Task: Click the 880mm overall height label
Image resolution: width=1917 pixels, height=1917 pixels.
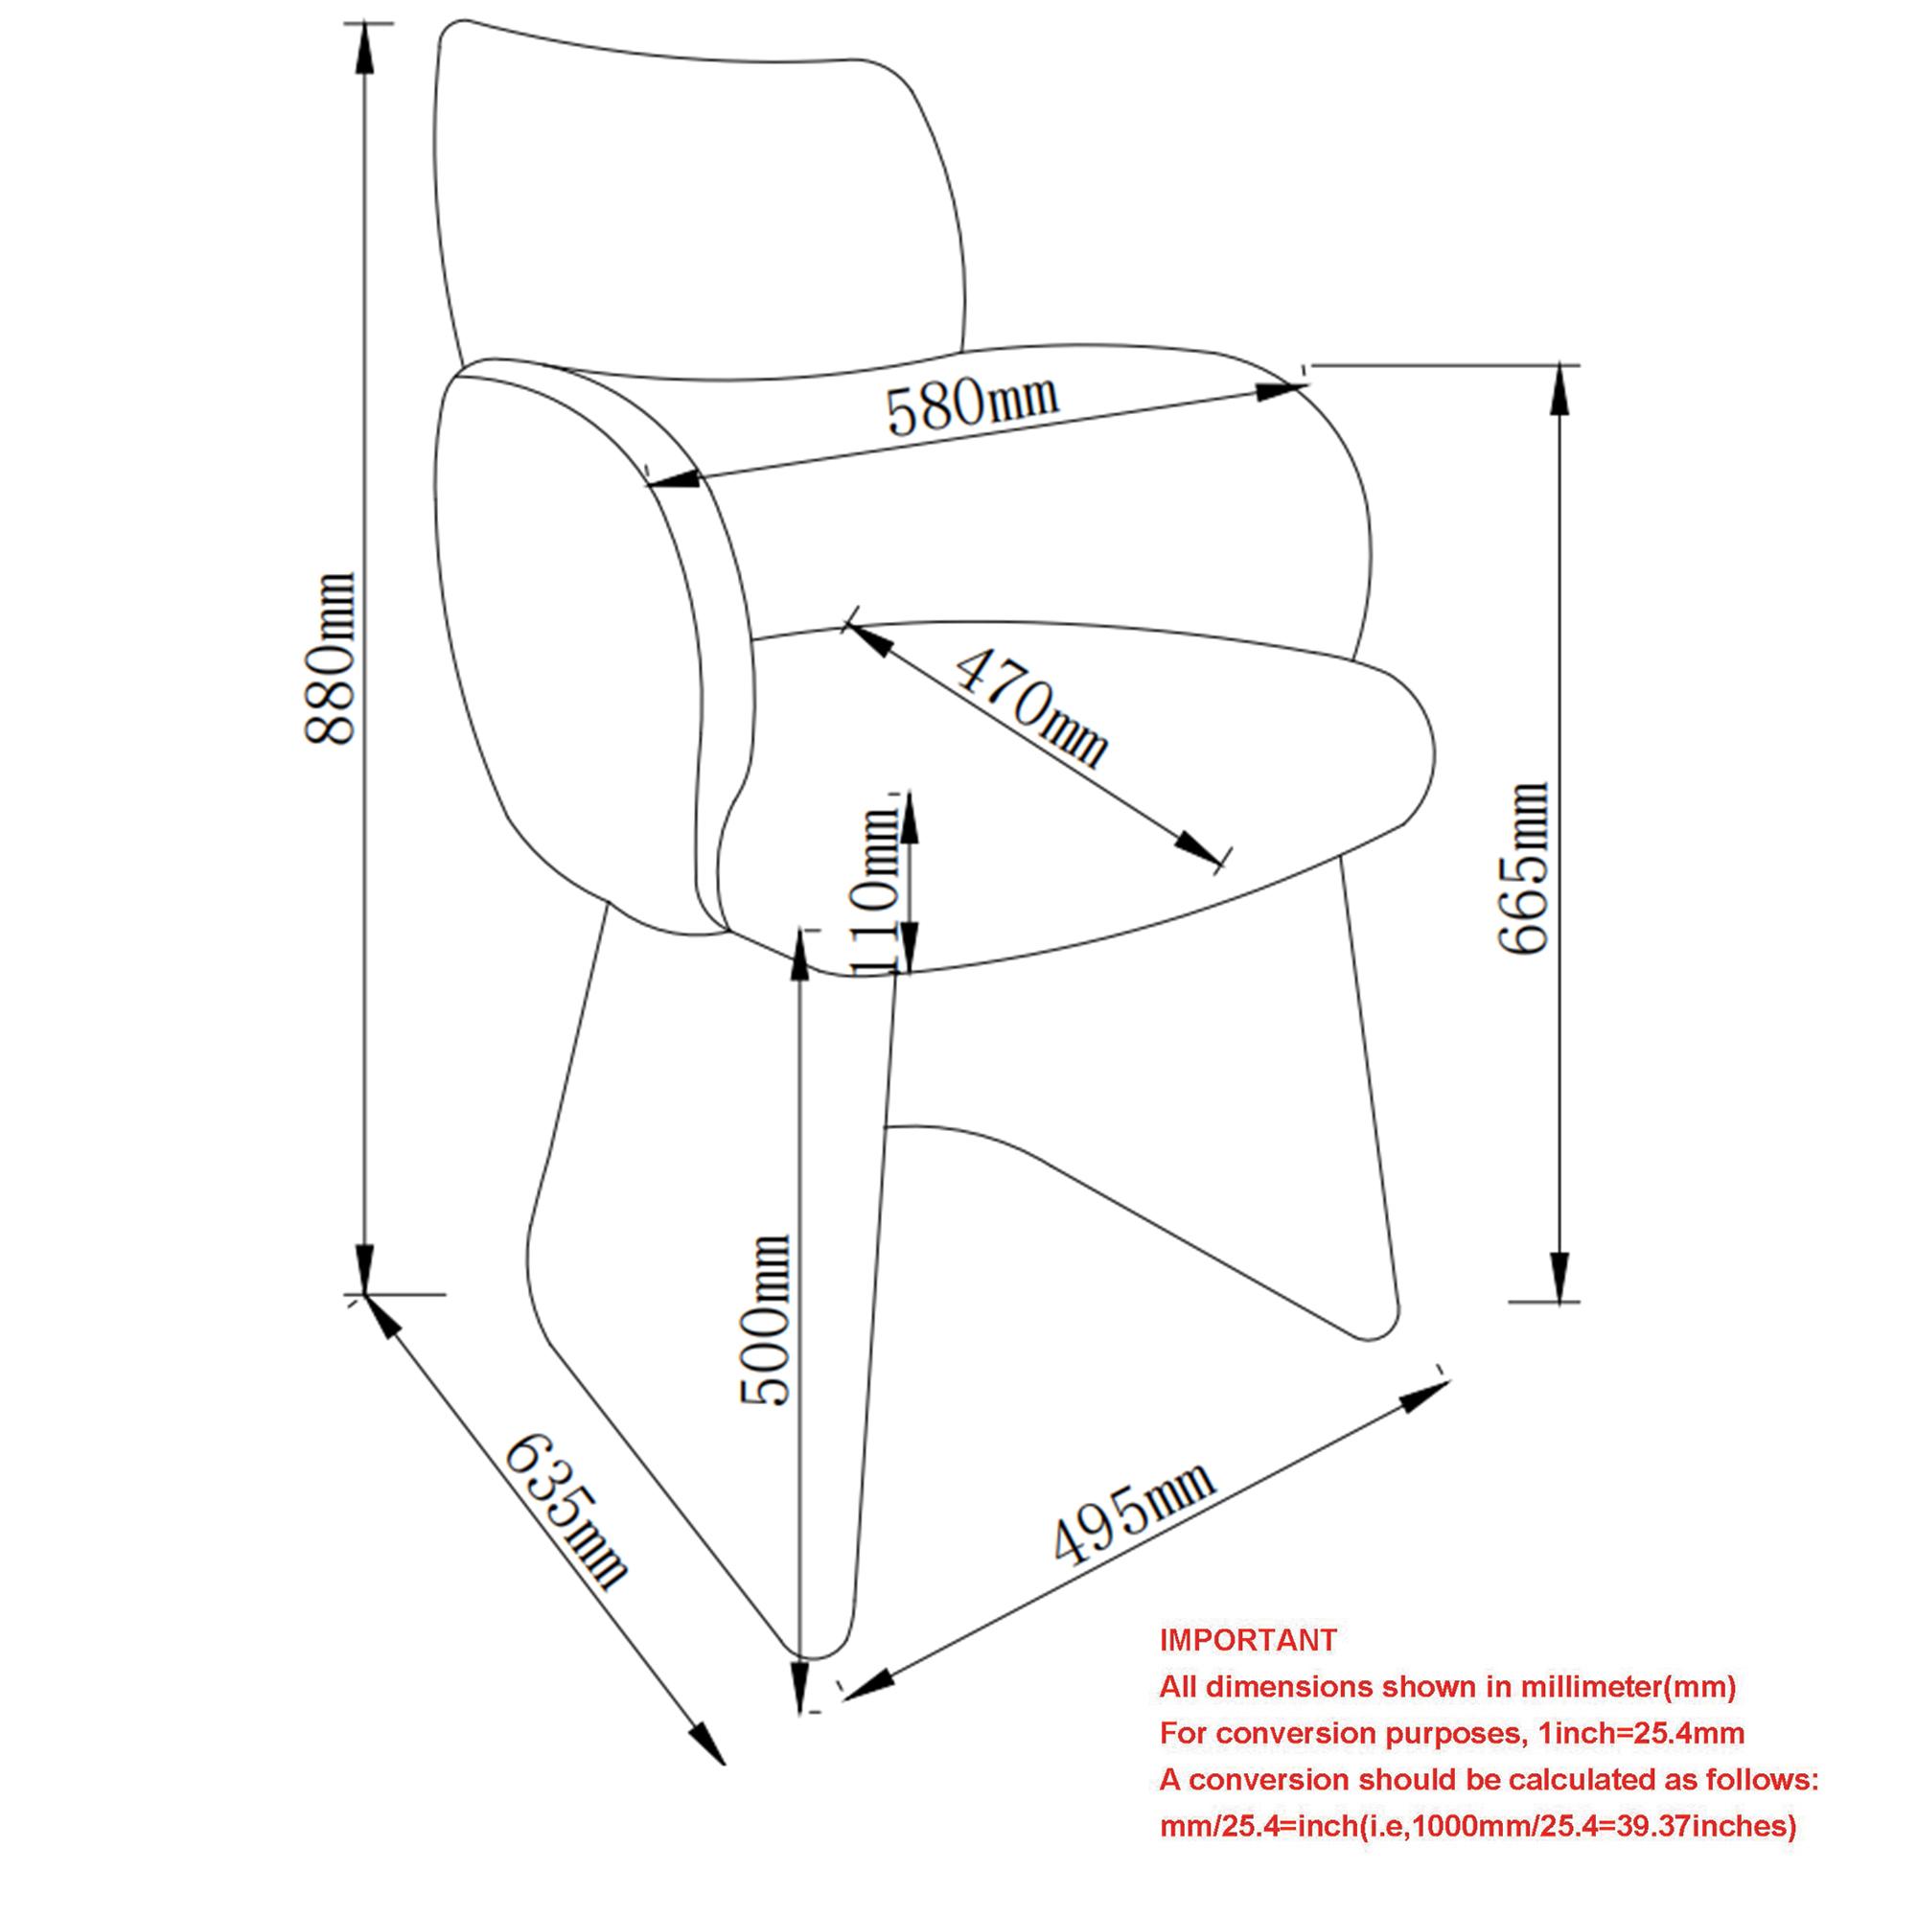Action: (330, 658)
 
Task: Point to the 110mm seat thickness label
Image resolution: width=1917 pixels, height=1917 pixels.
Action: (875, 889)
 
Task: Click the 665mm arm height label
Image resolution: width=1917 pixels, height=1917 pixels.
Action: (1523, 868)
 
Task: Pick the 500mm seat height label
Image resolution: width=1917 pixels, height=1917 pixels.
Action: (765, 1321)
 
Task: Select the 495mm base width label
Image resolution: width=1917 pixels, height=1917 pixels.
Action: (1133, 1513)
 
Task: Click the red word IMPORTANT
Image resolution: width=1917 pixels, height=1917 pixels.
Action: (1248, 1640)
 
